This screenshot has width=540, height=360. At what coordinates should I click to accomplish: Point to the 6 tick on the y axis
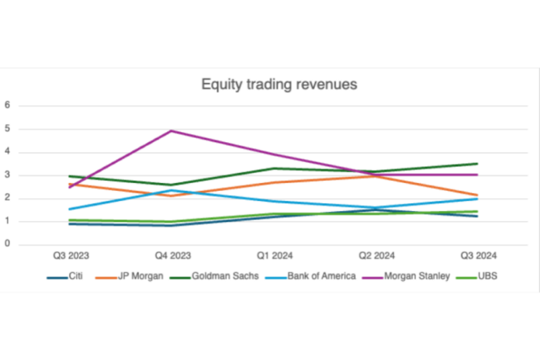point(8,106)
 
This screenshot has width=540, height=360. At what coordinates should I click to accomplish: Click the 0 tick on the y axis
point(8,244)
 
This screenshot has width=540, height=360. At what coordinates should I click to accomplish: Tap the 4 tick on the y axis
point(8,152)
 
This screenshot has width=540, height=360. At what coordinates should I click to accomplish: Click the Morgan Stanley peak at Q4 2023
point(171,130)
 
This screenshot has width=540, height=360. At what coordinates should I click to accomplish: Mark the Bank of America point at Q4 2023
point(171,190)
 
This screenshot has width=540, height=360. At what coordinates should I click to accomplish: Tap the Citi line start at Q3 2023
point(69,224)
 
